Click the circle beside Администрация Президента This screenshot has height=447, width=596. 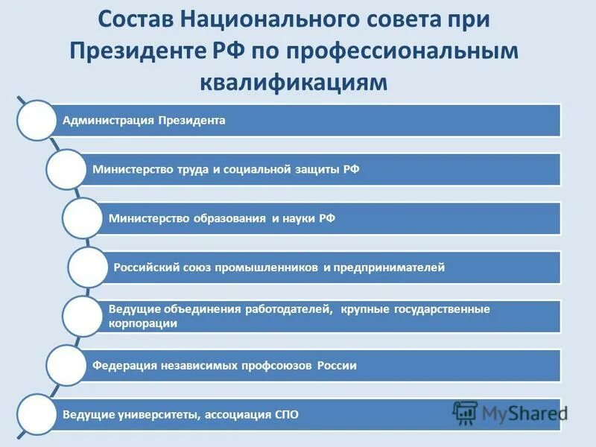[x=36, y=120]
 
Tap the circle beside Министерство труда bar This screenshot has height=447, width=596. [x=66, y=169]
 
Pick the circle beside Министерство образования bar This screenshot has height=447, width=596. [x=82, y=218]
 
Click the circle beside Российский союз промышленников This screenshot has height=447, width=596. [x=88, y=267]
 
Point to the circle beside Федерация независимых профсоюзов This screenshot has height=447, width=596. [x=66, y=365]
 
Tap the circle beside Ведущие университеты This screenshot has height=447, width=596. [x=36, y=414]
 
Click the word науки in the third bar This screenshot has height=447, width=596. [x=302, y=218]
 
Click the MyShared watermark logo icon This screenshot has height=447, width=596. [x=465, y=413]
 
